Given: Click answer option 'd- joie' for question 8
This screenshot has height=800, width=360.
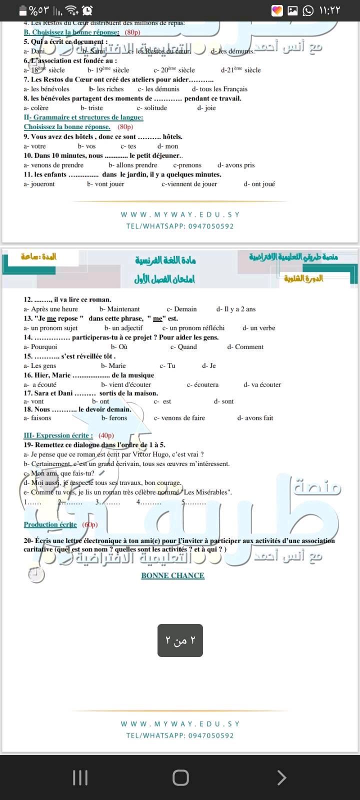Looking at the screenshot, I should pyautogui.click(x=206, y=108).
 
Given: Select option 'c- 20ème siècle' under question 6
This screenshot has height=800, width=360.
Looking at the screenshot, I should pyautogui.click(x=174, y=70).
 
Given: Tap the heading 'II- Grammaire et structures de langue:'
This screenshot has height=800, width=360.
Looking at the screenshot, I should pyautogui.click(x=83, y=117).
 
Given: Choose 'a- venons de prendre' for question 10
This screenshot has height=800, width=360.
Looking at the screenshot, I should pyautogui.click(x=53, y=165).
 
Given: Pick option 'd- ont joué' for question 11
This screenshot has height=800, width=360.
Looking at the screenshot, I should pyautogui.click(x=259, y=184).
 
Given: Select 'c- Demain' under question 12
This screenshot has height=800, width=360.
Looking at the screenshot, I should pyautogui.click(x=181, y=309).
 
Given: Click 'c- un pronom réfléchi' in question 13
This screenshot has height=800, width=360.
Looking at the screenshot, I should pyautogui.click(x=193, y=328).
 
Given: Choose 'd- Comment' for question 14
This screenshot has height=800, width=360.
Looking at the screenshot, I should pyautogui.click(x=245, y=347).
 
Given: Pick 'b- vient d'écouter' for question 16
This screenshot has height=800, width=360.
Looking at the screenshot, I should pyautogui.click(x=126, y=385).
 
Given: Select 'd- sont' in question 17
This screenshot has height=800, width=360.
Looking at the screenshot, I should pyautogui.click(x=223, y=401).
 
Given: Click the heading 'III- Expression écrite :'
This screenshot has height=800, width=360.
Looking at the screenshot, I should pyautogui.click(x=58, y=435).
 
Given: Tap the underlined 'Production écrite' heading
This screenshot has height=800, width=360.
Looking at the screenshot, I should pyautogui.click(x=50, y=524).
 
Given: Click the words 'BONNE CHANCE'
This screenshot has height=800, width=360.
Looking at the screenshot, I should pyautogui.click(x=172, y=575).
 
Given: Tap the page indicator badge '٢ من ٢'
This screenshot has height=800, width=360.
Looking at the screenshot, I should pyautogui.click(x=180, y=640).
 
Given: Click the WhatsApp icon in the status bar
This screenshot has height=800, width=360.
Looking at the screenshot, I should pyautogui.click(x=308, y=10).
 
